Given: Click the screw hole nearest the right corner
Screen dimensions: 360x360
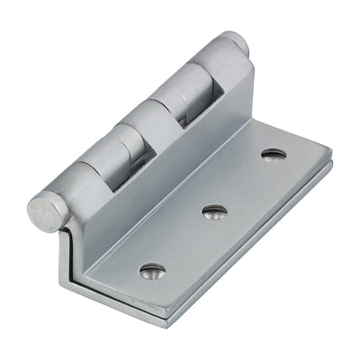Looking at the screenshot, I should pyautogui.click(x=274, y=154).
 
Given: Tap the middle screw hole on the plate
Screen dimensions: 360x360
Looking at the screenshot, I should pyautogui.click(x=214, y=211).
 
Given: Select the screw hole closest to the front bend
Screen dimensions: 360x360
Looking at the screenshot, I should pyautogui.click(x=153, y=270).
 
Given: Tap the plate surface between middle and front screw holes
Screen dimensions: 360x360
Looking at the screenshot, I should pyautogui.click(x=184, y=241).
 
